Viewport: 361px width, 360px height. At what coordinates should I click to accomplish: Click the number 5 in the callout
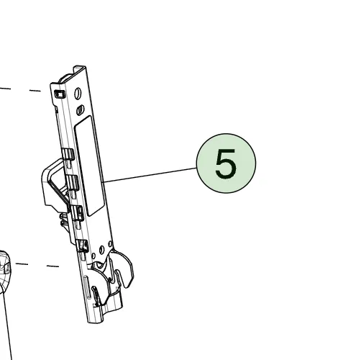pyautogui.click(x=226, y=163)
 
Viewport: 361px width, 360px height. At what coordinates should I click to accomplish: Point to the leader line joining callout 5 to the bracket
pyautogui.click(x=150, y=175)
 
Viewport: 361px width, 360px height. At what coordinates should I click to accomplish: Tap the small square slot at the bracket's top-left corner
pyautogui.click(x=60, y=94)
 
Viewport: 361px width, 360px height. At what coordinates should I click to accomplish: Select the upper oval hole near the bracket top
pyautogui.click(x=78, y=94)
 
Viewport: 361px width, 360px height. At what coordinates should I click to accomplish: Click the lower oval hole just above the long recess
pyautogui.click(x=81, y=110)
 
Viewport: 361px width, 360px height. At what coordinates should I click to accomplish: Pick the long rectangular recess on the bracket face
pyautogui.click(x=90, y=166)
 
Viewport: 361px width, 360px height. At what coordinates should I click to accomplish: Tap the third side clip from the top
pyautogui.click(x=77, y=213)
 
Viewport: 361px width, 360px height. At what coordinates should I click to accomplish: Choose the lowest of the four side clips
pyautogui.click(x=82, y=246)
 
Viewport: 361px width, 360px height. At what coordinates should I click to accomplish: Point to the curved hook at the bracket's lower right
pyautogui.click(x=126, y=269)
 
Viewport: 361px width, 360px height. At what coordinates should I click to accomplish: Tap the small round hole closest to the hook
pyautogui.click(x=110, y=244)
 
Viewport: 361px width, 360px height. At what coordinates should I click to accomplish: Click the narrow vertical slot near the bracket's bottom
pyautogui.click(x=86, y=287)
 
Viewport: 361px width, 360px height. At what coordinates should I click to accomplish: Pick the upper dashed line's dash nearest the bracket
pyautogui.click(x=35, y=91)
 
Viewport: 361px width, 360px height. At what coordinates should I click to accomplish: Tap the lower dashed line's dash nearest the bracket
pyautogui.click(x=52, y=266)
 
